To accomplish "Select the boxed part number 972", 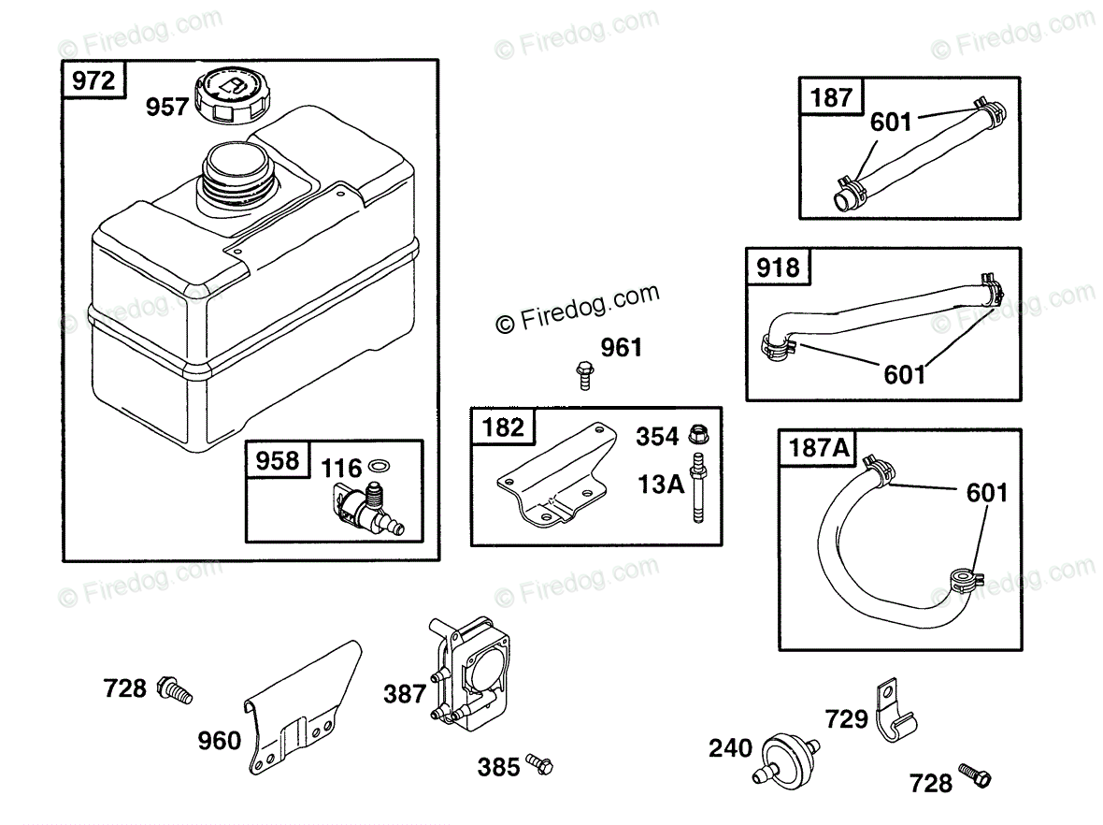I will (x=93, y=80).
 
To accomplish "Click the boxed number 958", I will (x=277, y=460).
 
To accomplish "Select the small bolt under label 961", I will (x=584, y=376).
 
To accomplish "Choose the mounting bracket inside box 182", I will (x=551, y=480).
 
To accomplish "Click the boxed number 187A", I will (x=820, y=448).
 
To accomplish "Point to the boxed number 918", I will (x=779, y=268).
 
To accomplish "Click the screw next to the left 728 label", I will (x=175, y=689).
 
